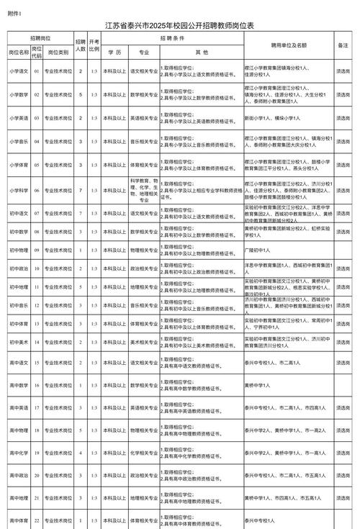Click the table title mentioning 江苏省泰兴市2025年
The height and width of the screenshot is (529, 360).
click(180, 25)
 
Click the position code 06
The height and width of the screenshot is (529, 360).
click(37, 190)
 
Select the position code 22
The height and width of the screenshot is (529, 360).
click(37, 519)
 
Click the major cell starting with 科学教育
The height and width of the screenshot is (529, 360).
click(144, 190)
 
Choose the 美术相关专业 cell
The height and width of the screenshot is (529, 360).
click(144, 342)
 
